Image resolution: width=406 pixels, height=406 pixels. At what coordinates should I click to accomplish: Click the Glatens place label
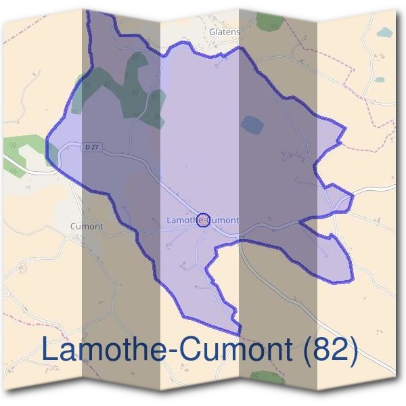tap(225, 31)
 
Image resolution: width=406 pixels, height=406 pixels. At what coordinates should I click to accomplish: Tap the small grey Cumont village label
tap(87, 227)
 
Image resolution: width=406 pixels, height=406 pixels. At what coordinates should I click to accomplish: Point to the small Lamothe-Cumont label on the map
tap(202, 221)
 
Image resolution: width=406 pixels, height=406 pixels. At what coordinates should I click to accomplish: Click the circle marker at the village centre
tap(202, 219)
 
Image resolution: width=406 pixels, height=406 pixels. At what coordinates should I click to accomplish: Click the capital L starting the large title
tap(49, 349)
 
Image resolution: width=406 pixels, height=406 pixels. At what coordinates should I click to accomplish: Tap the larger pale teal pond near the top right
tap(384, 32)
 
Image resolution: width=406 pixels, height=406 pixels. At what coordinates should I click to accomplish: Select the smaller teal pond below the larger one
tap(380, 79)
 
